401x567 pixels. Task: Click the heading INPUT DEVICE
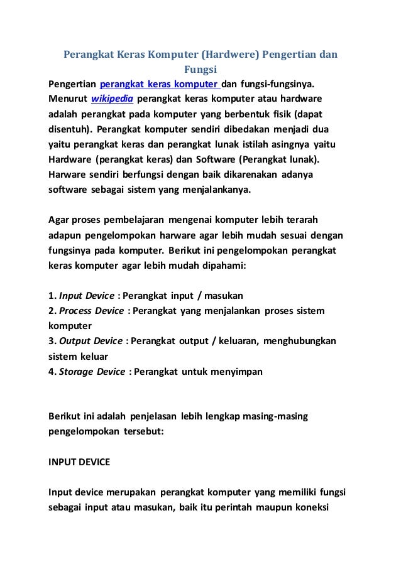79,462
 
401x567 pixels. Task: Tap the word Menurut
68,99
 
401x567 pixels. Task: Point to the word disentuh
69,129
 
